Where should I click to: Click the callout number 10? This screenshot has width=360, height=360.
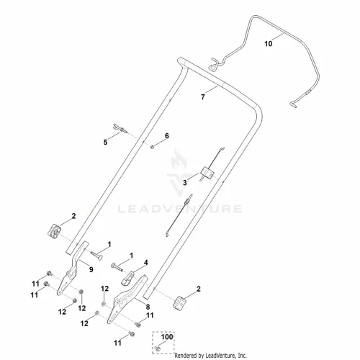tap(269, 44)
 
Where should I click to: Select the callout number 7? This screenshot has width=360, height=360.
tap(203, 97)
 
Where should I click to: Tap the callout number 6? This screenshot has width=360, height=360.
tap(167, 136)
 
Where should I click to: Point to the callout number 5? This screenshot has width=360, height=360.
tap(105, 143)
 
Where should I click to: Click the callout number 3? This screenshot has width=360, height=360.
tap(184, 183)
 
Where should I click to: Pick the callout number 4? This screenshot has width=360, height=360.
tap(145, 263)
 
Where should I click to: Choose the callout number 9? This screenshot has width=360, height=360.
tap(91, 269)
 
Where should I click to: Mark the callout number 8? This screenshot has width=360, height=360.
tap(148, 307)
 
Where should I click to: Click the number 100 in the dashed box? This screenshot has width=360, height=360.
tap(167, 337)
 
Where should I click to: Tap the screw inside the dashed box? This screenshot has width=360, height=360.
tap(158, 348)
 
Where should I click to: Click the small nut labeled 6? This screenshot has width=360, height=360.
tap(152, 147)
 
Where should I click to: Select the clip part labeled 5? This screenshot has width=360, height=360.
tap(120, 128)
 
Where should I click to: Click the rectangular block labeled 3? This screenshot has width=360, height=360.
tap(207, 172)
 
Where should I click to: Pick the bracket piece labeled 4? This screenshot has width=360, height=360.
tap(127, 279)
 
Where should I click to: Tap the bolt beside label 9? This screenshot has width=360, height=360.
tap(96, 255)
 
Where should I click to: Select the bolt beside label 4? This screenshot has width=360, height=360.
tap(117, 267)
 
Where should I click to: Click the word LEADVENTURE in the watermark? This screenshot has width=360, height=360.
tap(180, 209)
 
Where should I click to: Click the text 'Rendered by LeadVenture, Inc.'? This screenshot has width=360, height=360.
tap(210, 355)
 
